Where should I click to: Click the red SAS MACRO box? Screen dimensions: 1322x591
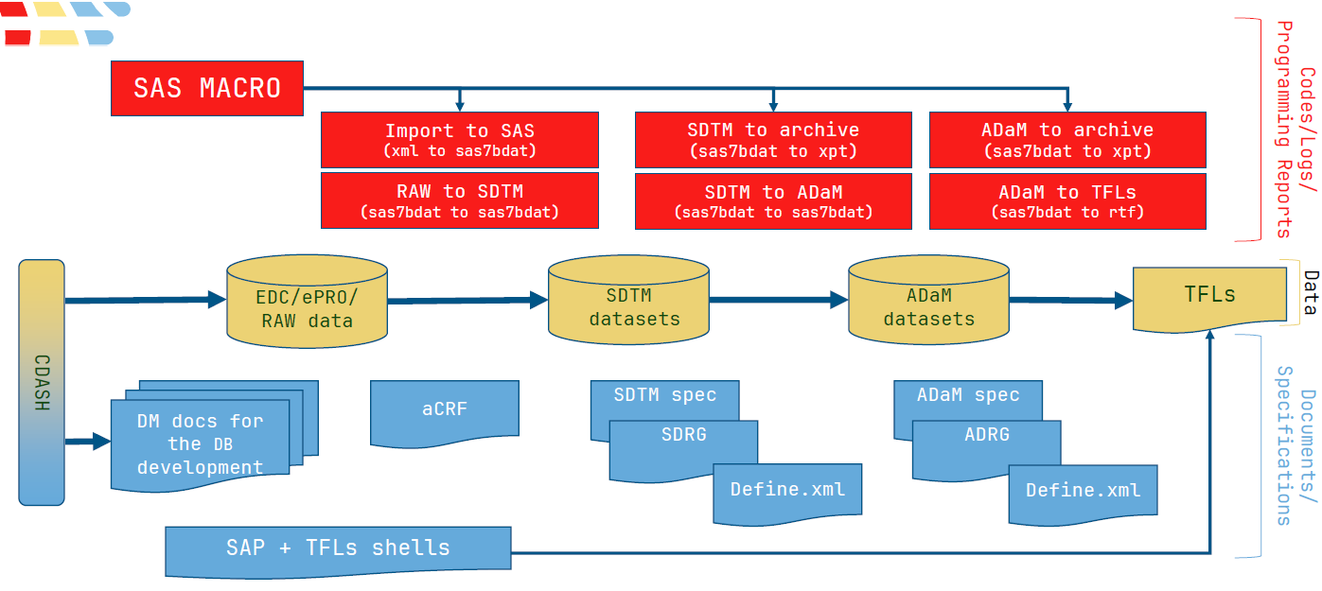point(207,89)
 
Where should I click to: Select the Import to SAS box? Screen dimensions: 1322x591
point(460,140)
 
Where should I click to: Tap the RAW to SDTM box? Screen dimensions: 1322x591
point(460,200)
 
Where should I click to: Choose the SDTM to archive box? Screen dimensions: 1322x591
point(773,140)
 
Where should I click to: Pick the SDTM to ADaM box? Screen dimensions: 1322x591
point(773,201)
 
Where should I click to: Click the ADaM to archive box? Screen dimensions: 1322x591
point(1067,140)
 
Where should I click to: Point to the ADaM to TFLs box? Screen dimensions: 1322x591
point(1067,201)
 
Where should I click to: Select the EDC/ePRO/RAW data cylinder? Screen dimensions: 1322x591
point(307,302)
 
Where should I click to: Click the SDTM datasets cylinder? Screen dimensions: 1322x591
point(628,300)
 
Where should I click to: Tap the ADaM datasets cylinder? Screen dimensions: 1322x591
point(929,300)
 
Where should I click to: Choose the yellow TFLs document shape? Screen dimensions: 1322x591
point(1210,299)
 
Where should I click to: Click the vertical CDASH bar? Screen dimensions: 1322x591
point(42,382)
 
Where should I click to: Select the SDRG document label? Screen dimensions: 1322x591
point(683,435)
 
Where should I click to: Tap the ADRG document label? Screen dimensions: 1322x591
point(987,435)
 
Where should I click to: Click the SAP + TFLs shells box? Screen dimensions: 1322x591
point(338,551)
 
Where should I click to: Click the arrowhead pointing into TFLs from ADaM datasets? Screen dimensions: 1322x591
point(1123,301)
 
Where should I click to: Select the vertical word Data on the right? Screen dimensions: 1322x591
point(1311,292)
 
